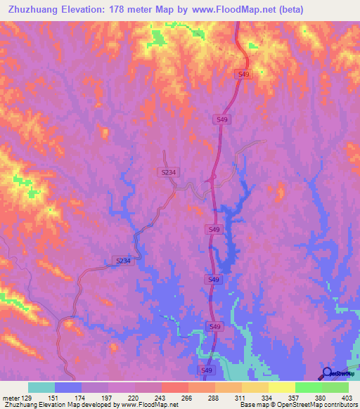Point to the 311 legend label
tap(241, 398)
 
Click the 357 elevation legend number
tap(295, 398)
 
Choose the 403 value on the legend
tap(347, 398)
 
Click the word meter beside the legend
tap(10, 398)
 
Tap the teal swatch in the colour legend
tap(41, 387)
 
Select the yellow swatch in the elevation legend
tap(281, 387)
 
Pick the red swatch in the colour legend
tap(174, 387)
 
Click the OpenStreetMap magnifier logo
tap(327, 372)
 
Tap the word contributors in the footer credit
tap(340, 405)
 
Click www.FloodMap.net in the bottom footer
tap(150, 405)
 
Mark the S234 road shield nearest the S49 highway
tap(167, 171)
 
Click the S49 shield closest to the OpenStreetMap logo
tap(206, 370)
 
